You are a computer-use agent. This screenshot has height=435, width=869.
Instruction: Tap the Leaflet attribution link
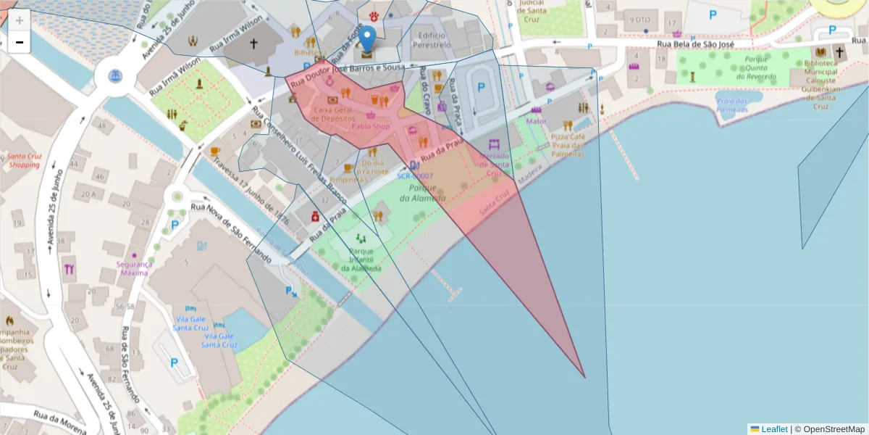click(x=773, y=428)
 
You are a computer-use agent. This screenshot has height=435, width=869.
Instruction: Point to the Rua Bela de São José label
click(x=695, y=44)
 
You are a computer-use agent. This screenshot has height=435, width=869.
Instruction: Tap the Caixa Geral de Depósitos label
click(x=333, y=113)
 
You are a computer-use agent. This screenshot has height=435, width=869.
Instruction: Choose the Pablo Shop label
click(x=371, y=126)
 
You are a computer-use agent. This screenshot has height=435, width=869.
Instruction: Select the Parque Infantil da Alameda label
click(x=361, y=260)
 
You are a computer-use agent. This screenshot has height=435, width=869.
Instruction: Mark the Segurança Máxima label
click(x=134, y=269)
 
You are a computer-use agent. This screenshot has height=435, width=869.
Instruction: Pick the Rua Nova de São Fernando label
click(x=231, y=234)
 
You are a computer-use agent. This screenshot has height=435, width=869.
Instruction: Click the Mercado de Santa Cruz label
click(x=494, y=165)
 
